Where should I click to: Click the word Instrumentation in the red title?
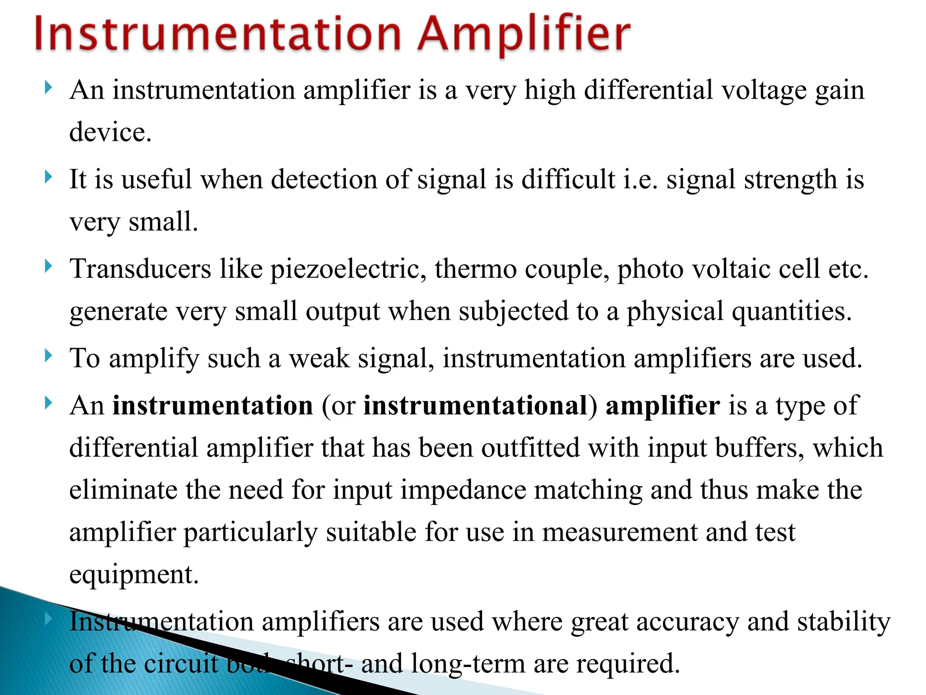pos(217,34)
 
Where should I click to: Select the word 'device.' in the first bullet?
pos(110,132)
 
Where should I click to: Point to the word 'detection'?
pos(324,180)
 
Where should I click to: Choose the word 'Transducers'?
pos(140,269)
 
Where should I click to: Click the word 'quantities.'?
pos(792,311)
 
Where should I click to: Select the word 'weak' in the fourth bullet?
pos(319,358)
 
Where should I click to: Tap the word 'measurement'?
pos(619,532)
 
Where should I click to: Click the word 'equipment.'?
pos(134,575)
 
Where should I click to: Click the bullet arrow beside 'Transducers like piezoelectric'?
pos(49,266)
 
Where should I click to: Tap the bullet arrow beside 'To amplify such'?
pos(49,356)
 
